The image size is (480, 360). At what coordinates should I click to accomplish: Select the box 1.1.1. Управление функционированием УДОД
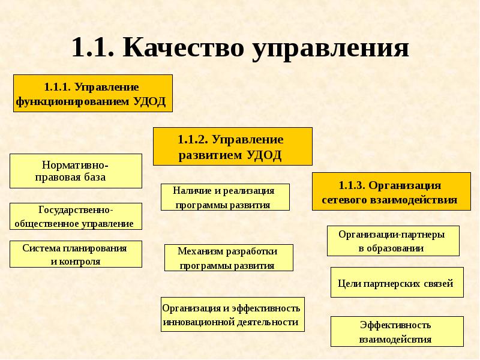tap(93, 93)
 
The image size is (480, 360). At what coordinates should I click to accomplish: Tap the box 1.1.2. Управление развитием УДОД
tap(232, 146)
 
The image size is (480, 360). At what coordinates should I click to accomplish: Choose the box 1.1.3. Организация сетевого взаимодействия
tap(390, 191)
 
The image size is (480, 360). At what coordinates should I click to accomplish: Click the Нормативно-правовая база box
tap(76, 171)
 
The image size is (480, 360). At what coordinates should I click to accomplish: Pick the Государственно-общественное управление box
tap(76, 216)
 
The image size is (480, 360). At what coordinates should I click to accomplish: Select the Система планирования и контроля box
tap(76, 254)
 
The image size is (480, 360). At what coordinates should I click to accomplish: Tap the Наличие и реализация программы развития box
tap(225, 197)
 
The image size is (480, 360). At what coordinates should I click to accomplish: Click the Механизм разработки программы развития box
tap(229, 258)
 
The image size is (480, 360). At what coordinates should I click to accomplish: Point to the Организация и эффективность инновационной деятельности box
tap(232, 314)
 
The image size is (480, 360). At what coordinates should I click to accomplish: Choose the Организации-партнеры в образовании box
tap(393, 241)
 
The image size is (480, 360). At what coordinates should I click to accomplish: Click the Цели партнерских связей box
tap(397, 283)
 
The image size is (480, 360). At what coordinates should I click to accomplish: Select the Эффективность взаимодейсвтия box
tap(397, 332)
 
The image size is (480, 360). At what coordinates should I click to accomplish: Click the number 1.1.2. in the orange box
tap(193, 139)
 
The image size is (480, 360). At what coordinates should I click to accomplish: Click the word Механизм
tap(199, 251)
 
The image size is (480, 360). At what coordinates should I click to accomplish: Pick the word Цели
tap(349, 283)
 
